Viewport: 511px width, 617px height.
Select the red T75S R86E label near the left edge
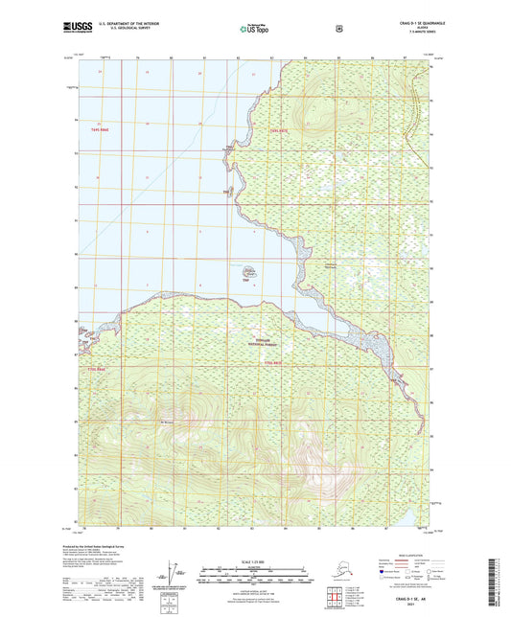92,368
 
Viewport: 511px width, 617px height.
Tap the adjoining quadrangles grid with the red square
336,598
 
